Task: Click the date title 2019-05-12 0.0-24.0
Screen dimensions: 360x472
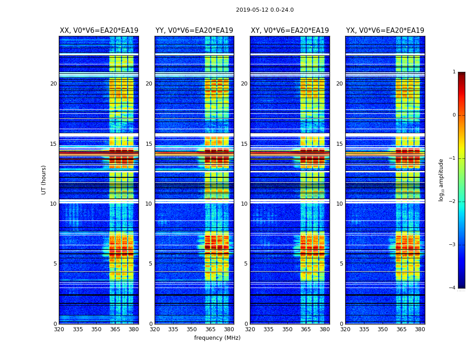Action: (265, 10)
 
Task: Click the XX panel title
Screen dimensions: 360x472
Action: (99, 31)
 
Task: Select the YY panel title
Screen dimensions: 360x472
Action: (194, 31)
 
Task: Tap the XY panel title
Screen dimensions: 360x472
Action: (289, 31)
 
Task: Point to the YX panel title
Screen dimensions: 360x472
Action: (385, 31)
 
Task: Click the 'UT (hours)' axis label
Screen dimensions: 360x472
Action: (44, 180)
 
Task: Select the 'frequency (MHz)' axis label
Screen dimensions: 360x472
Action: (217, 338)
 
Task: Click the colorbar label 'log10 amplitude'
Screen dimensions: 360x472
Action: (441, 180)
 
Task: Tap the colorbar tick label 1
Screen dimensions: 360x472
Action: (454, 72)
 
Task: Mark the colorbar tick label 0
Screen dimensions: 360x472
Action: (454, 115)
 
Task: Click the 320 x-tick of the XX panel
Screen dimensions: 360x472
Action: (59, 329)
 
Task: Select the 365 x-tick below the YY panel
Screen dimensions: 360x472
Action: (210, 329)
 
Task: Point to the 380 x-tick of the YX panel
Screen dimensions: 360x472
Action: (420, 329)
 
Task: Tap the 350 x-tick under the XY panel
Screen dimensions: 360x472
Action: (287, 329)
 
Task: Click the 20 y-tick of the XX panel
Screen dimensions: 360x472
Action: (53, 84)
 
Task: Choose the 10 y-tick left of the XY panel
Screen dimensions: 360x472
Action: (244, 204)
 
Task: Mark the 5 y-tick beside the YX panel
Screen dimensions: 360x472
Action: (341, 264)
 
